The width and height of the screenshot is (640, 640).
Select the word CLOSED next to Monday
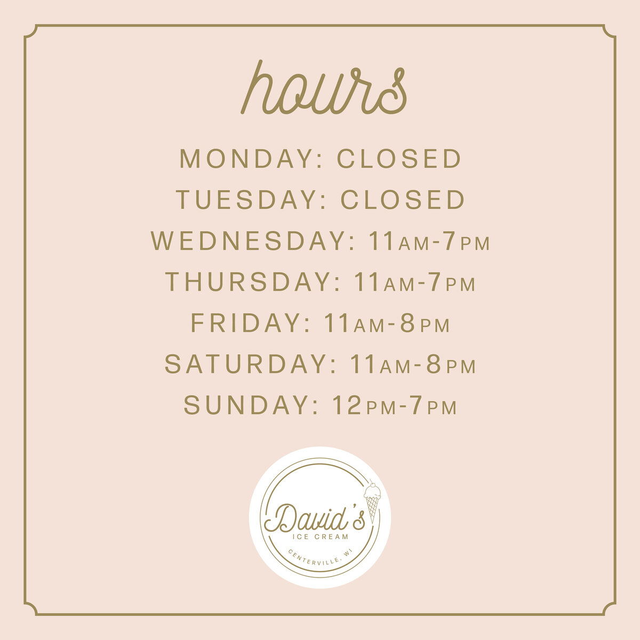click(x=399, y=158)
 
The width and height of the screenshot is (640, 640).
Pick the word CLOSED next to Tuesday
click(x=403, y=199)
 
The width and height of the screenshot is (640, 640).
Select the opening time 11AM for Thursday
click(x=384, y=282)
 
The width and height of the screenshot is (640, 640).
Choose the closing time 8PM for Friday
click(x=425, y=323)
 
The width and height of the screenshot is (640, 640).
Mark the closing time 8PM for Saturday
click(x=451, y=364)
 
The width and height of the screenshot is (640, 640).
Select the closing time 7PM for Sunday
click(x=434, y=405)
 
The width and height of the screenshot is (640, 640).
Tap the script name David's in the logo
click(x=314, y=519)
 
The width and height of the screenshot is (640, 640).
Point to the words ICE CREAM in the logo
click(x=320, y=537)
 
